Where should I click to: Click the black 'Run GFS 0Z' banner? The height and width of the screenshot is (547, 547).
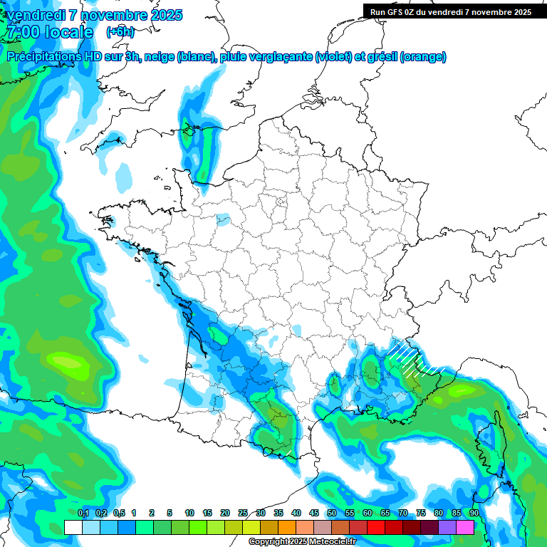[x=454, y=11]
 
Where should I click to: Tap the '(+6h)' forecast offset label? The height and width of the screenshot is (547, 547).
[x=120, y=31]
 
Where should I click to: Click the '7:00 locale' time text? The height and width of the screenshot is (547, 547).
[x=50, y=32]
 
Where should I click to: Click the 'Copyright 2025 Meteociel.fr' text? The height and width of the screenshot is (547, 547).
[x=302, y=542]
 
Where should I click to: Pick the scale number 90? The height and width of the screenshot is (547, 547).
[x=474, y=513]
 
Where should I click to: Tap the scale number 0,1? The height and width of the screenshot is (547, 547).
[x=83, y=513]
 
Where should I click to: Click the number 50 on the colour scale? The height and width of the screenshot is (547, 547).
[x=332, y=513]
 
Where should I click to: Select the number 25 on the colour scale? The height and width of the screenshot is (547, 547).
[x=243, y=513]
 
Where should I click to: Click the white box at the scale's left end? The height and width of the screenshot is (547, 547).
[x=73, y=527]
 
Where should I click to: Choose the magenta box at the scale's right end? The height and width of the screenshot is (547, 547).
[x=465, y=527]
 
